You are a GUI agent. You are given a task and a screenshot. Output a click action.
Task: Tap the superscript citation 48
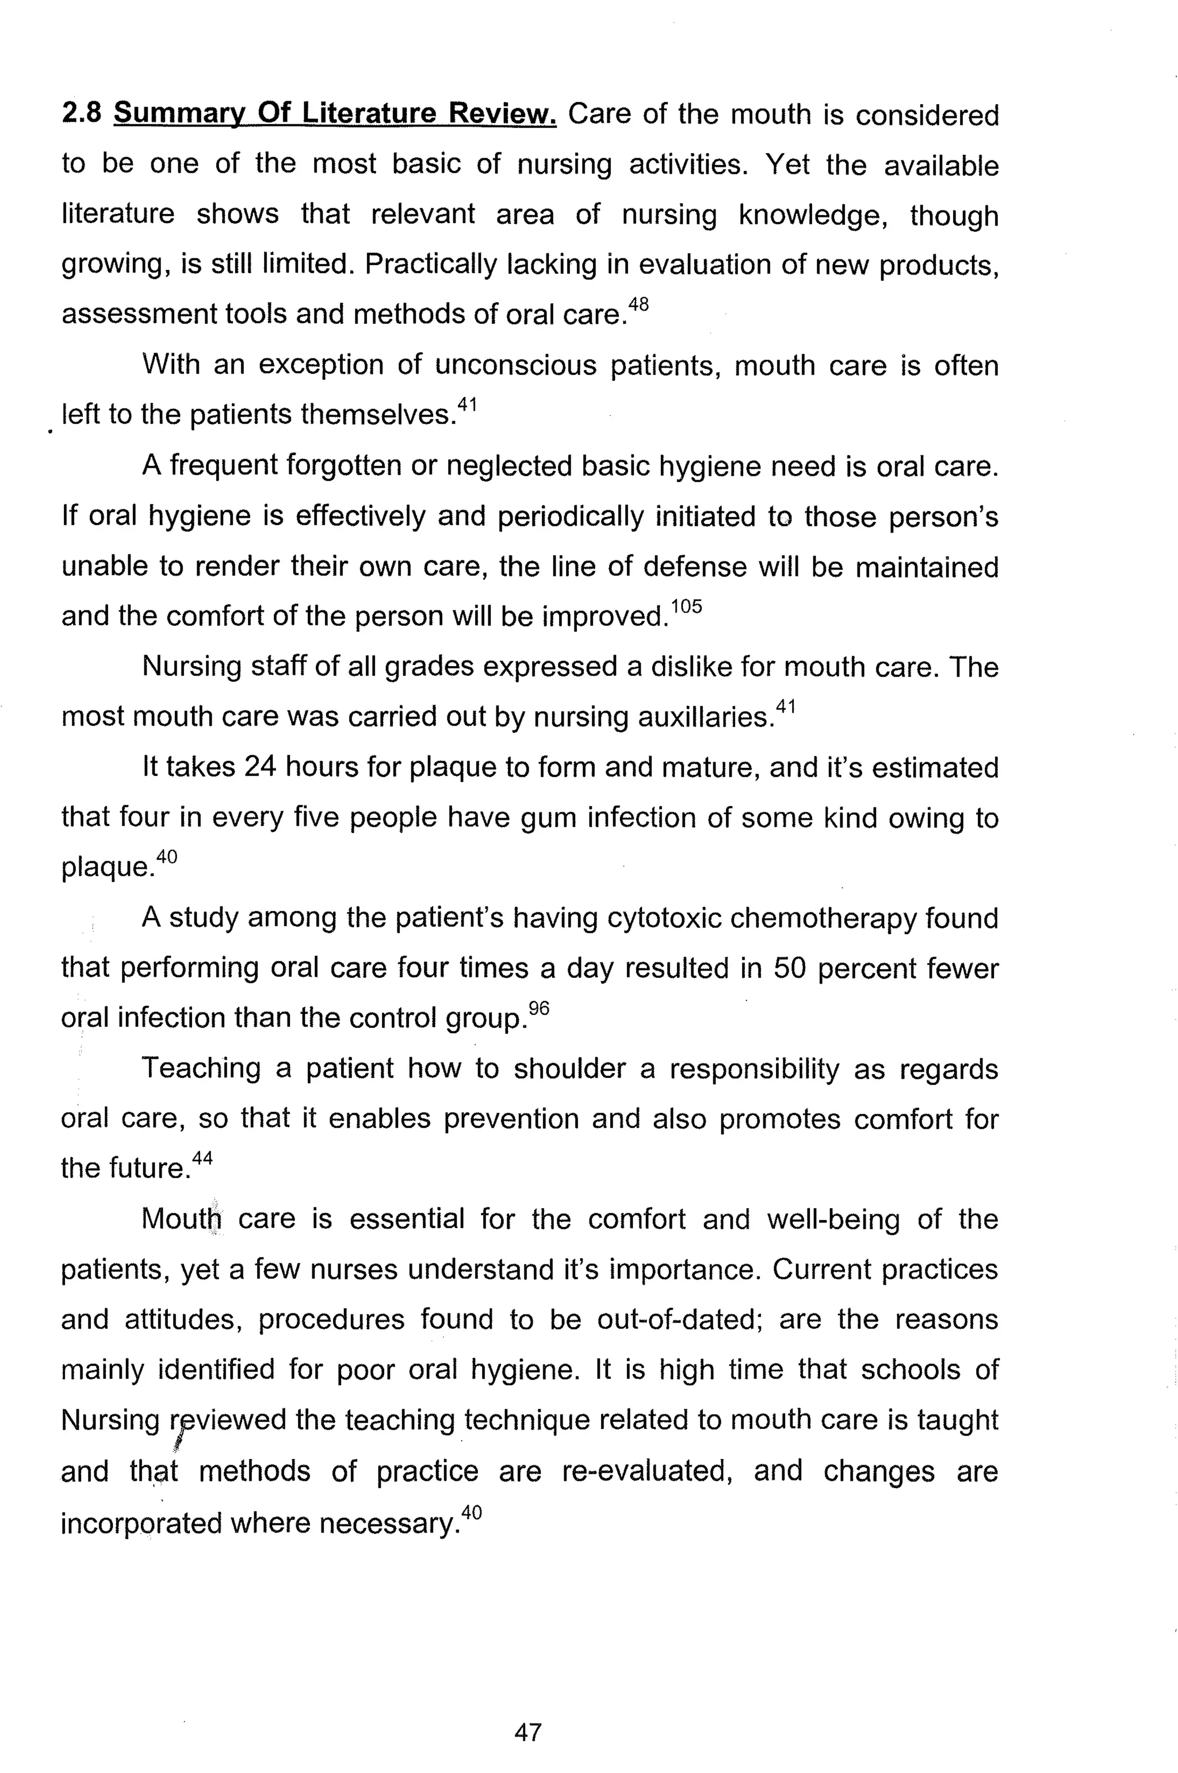click(638, 304)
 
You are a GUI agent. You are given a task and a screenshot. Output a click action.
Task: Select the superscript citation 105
click(686, 606)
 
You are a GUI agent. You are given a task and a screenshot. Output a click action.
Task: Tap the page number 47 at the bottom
click(527, 1732)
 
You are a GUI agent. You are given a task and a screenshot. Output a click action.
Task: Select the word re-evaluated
click(647, 1471)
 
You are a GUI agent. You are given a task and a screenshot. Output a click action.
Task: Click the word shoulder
click(569, 1068)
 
